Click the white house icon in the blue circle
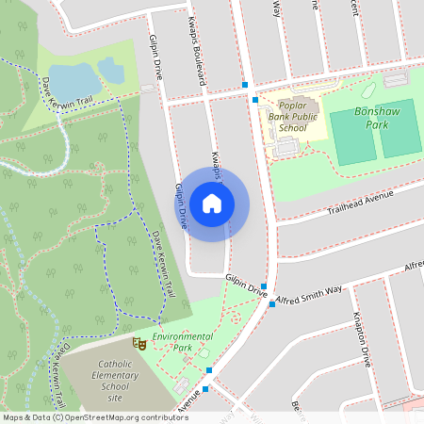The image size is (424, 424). [212, 203]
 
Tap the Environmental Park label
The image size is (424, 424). [183, 341]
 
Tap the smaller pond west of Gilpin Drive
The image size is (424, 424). [111, 69]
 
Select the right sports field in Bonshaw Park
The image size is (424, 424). [399, 128]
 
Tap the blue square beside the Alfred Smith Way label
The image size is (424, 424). [271, 303]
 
